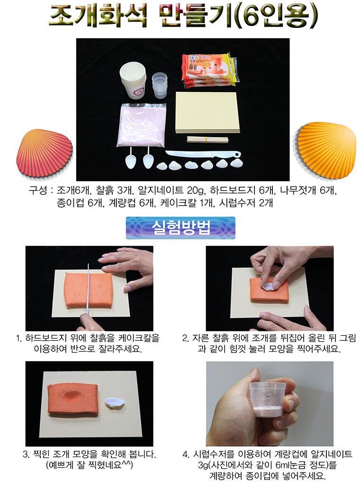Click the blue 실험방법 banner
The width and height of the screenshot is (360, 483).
[x=180, y=228]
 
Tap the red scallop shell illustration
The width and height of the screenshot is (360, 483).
[x=45, y=153]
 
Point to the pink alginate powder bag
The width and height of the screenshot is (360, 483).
[x=142, y=125]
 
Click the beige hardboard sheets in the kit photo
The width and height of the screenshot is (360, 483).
[x=207, y=113]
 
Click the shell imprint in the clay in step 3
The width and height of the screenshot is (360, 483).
[x=73, y=396]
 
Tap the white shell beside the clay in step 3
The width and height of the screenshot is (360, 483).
[x=114, y=403]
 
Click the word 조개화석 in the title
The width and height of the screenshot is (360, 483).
[x=98, y=15]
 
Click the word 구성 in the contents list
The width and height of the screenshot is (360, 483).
[x=38, y=191]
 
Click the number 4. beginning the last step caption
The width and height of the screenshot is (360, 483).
[x=186, y=455]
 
